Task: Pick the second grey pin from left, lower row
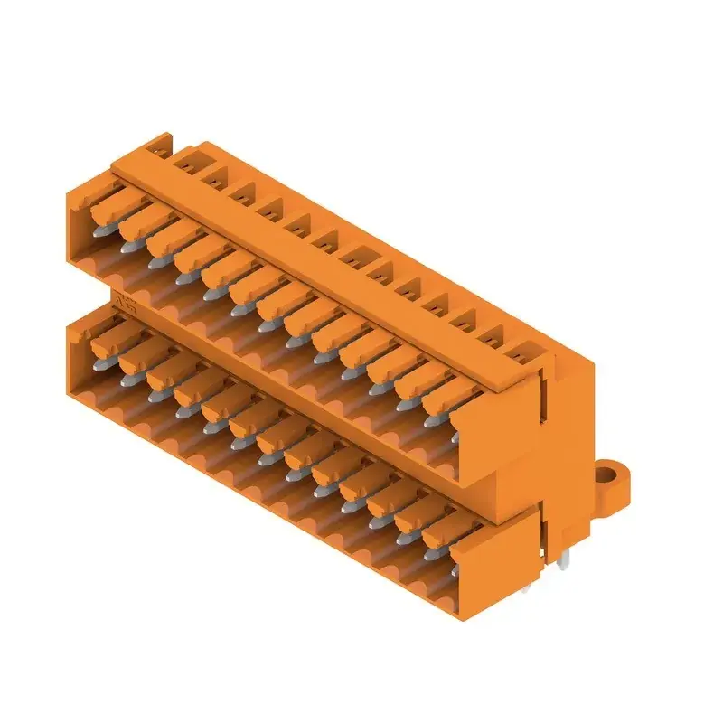point(126,380)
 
